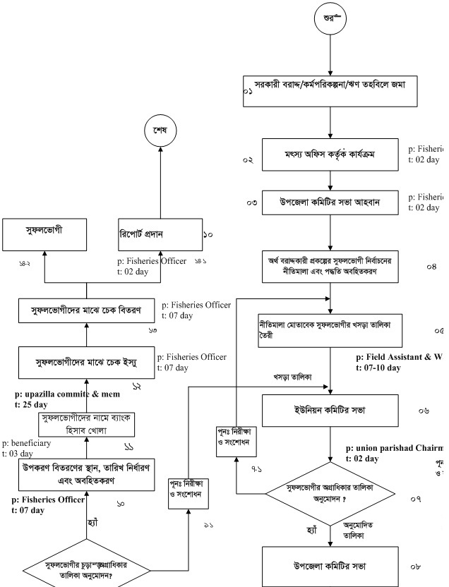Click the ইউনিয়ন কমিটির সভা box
click(331, 408)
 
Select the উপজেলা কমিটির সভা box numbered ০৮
click(331, 565)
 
